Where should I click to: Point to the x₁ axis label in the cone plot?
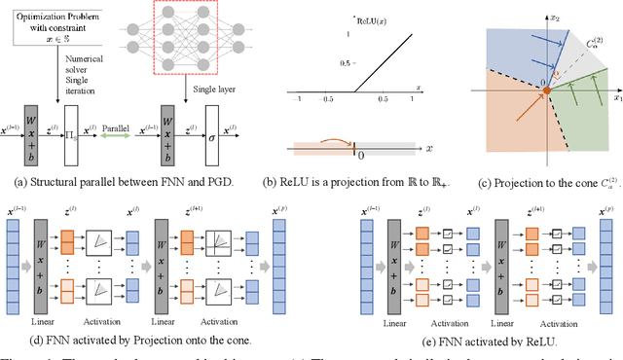(615, 98)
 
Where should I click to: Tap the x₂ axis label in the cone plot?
(558, 16)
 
